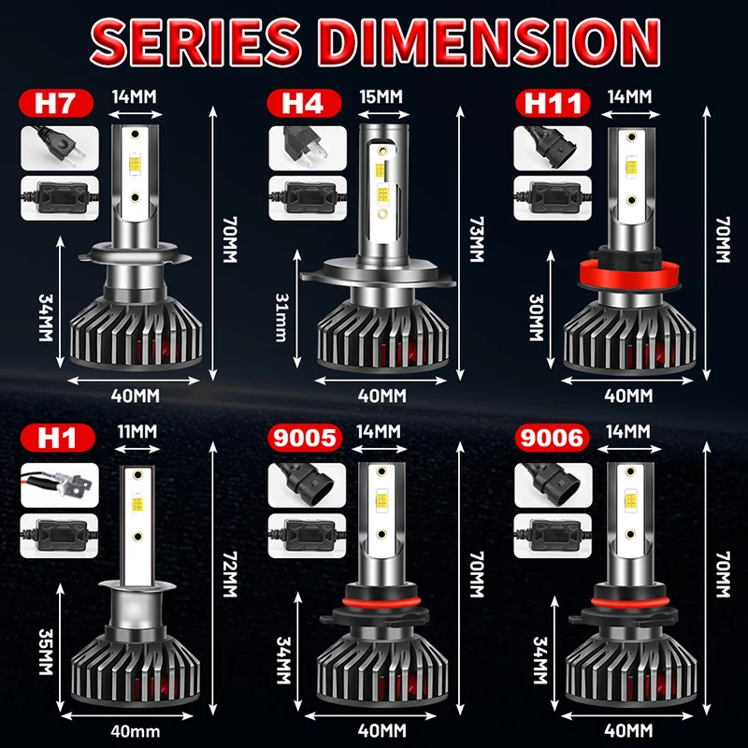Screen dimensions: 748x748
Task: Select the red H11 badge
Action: tap(552, 101)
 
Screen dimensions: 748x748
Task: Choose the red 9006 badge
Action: tap(552, 437)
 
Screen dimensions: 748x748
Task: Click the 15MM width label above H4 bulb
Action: tap(378, 96)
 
